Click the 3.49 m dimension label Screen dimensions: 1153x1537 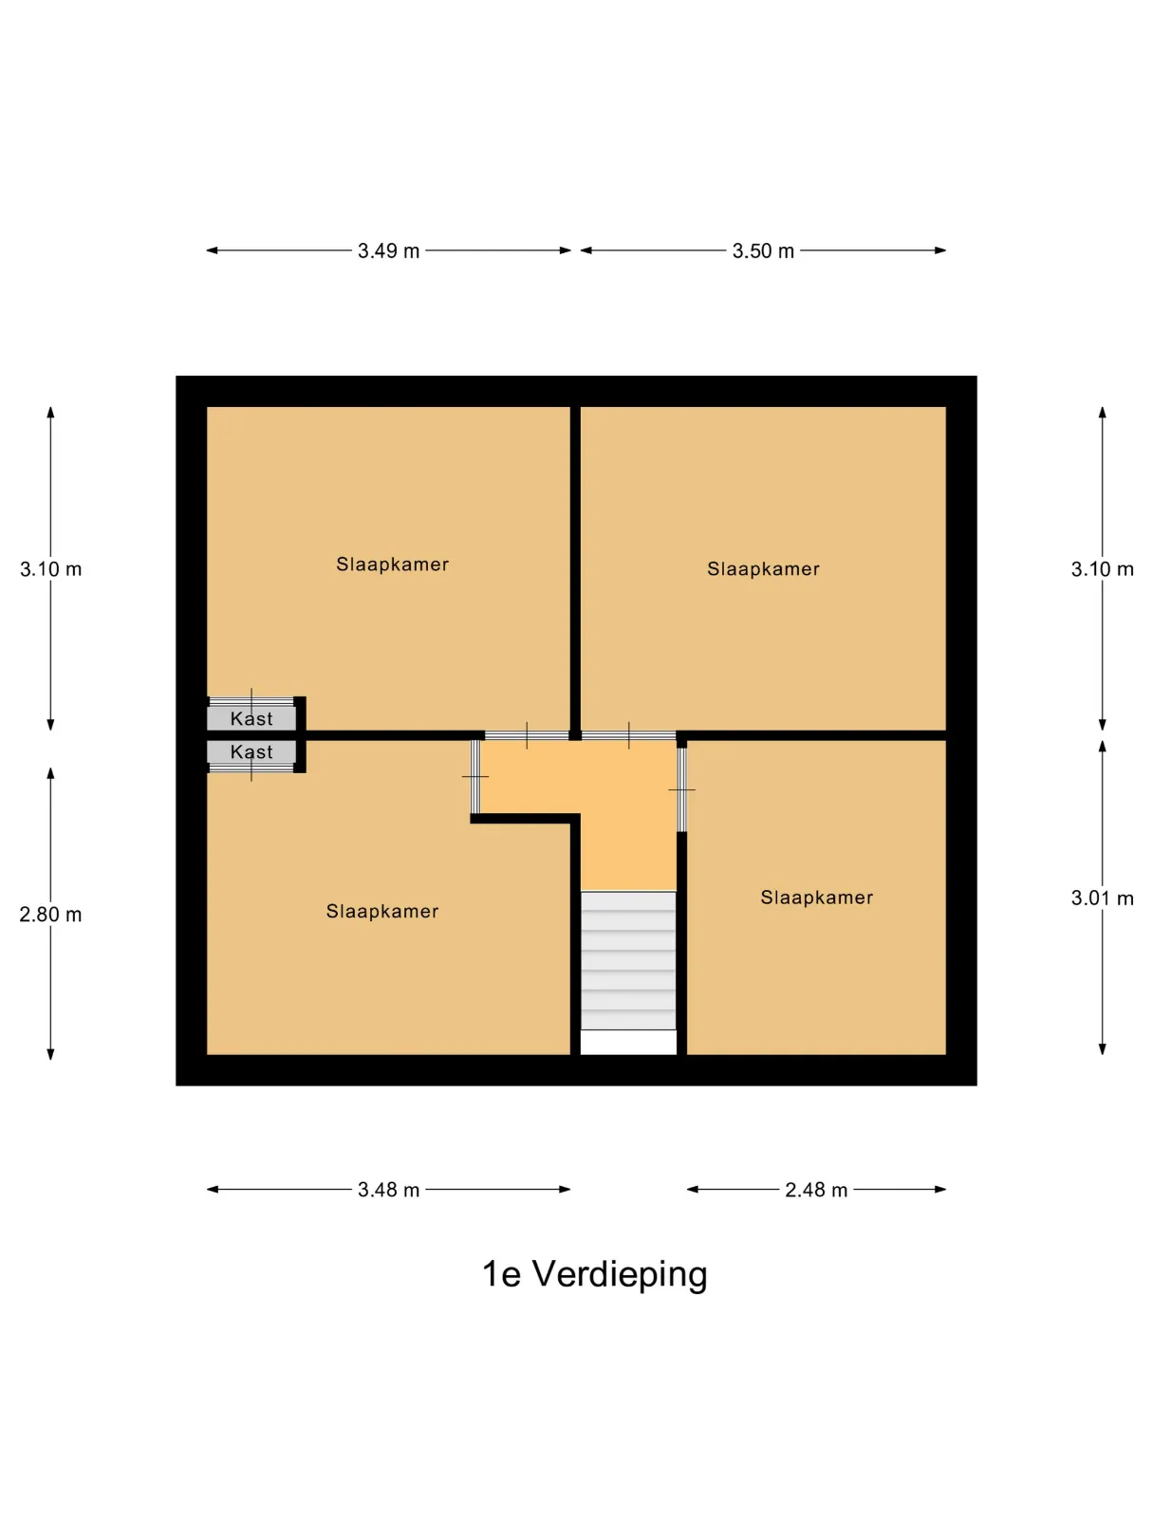pos(388,250)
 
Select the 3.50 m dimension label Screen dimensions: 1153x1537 pos(763,250)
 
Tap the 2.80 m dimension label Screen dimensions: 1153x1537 pos(50,915)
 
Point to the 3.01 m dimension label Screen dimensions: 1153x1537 pos(1102,898)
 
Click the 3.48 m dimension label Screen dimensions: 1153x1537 pos(388,1190)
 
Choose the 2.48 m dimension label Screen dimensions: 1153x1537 pos(815,1190)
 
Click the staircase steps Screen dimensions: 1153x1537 pos(628,960)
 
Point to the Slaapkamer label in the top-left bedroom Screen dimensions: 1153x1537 pos(392,565)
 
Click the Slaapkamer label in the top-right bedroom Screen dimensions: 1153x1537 pos(763,568)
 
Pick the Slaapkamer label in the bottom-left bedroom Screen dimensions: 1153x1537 pos(382,911)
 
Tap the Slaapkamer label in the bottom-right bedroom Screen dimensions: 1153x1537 pos(817,898)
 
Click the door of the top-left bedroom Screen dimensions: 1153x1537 pos(527,735)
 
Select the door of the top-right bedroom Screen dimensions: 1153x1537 pos(628,735)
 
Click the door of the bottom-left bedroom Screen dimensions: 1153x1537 pos(475,776)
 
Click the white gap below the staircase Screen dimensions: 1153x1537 pos(628,1042)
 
